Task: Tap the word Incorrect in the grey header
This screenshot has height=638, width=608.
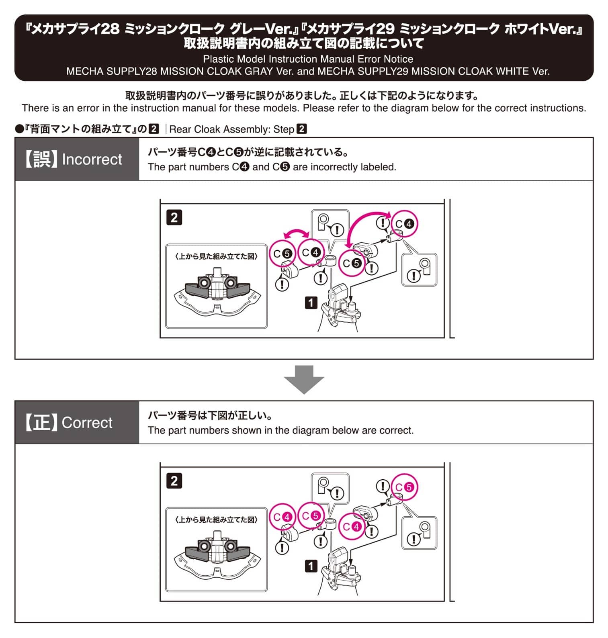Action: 92,159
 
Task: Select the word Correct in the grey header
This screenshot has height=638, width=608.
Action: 87,423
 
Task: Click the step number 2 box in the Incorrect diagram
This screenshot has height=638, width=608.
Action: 174,218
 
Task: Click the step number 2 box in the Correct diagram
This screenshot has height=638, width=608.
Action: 174,481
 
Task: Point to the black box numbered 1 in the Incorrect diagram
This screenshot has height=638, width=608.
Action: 311,303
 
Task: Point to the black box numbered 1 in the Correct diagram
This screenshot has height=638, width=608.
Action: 311,566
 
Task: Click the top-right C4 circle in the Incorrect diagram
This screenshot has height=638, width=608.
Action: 405,224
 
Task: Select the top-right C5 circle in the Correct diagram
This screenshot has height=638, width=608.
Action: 405,487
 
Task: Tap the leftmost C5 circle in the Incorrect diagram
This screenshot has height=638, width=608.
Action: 283,254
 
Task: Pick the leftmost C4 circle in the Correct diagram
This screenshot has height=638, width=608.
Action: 283,517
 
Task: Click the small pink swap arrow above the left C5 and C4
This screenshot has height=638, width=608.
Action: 297,233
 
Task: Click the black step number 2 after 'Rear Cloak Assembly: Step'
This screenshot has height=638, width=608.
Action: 301,129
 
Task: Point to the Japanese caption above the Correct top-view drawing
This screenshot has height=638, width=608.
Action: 217,520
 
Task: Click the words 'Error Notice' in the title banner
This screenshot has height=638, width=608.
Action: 385,59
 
